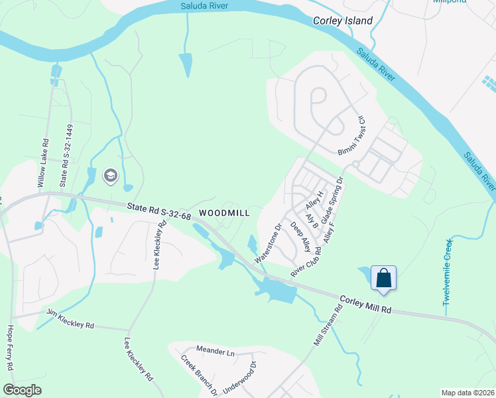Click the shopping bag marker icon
(x=384, y=278)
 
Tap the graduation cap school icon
(x=110, y=176)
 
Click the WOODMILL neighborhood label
(x=224, y=213)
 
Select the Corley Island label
(x=343, y=21)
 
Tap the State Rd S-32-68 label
(x=159, y=210)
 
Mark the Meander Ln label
(x=216, y=350)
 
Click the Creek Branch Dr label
(x=200, y=375)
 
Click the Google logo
(x=23, y=389)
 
